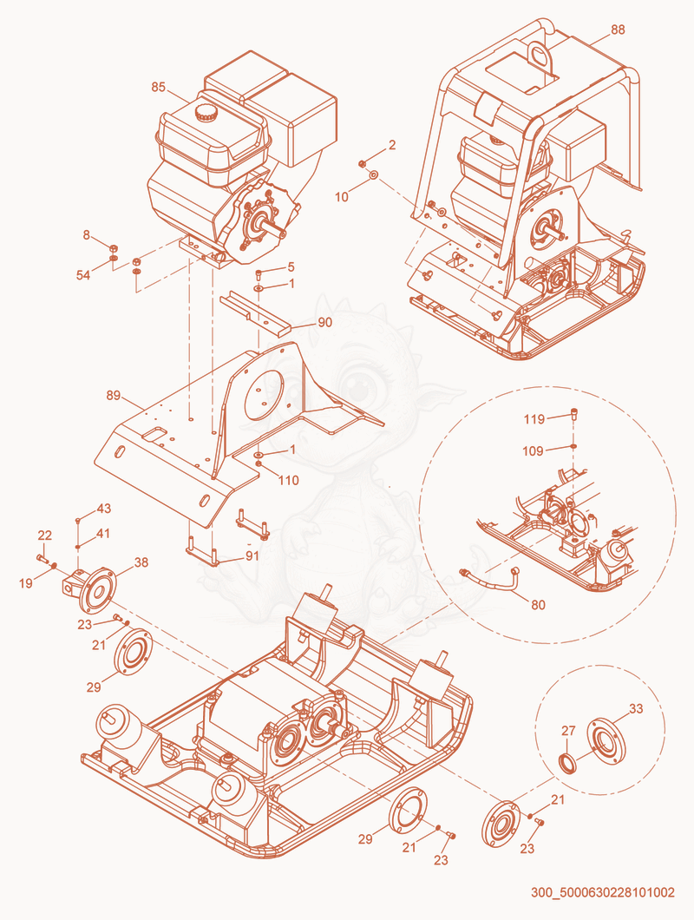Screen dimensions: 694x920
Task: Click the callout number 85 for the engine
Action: click(159, 87)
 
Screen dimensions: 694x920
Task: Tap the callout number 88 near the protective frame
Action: click(618, 30)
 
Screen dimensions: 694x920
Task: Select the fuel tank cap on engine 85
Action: click(206, 112)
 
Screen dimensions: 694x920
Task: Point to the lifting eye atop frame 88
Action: click(538, 54)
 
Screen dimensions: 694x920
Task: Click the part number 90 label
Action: click(325, 322)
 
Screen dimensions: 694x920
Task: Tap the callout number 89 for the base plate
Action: click(114, 396)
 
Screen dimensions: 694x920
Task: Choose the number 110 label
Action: click(289, 480)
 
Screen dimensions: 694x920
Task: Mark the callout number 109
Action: click(533, 450)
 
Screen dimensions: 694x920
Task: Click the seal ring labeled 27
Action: click(567, 762)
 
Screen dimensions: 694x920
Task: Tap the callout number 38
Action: click(141, 562)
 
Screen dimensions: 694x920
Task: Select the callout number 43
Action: click(104, 509)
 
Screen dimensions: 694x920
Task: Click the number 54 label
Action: click(83, 274)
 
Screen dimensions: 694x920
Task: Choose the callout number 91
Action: click(252, 555)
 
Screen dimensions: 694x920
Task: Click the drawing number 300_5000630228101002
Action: click(603, 892)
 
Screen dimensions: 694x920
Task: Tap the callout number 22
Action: click(44, 536)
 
